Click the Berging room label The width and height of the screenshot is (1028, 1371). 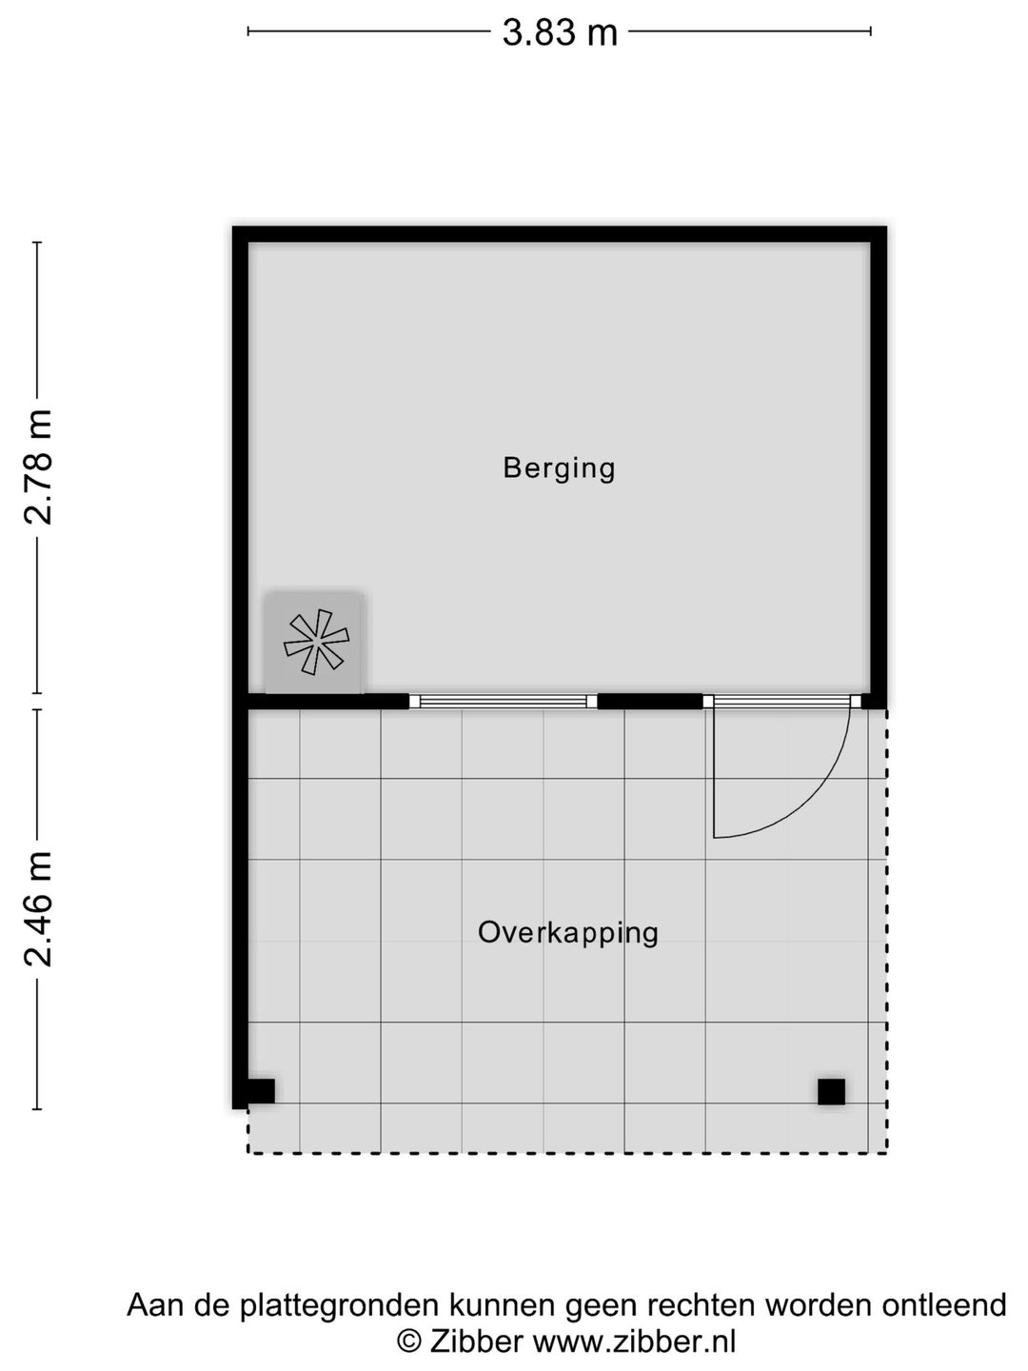[559, 468]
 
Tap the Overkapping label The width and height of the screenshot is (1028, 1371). [567, 932]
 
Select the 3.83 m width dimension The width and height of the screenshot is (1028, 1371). [560, 33]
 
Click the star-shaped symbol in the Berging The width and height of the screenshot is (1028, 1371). [316, 642]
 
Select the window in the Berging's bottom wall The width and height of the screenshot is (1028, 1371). [503, 702]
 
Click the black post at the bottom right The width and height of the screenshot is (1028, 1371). [831, 1091]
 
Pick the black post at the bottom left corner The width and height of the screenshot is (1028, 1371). [260, 1091]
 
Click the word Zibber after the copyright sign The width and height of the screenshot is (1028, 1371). [477, 1341]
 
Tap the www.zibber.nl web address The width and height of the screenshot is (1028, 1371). [634, 1341]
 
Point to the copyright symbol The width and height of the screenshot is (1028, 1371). [408, 1341]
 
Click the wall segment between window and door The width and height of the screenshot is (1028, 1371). [649, 702]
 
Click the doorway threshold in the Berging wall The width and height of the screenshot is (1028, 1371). [781, 702]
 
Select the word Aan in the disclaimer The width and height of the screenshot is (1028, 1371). [154, 1304]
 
